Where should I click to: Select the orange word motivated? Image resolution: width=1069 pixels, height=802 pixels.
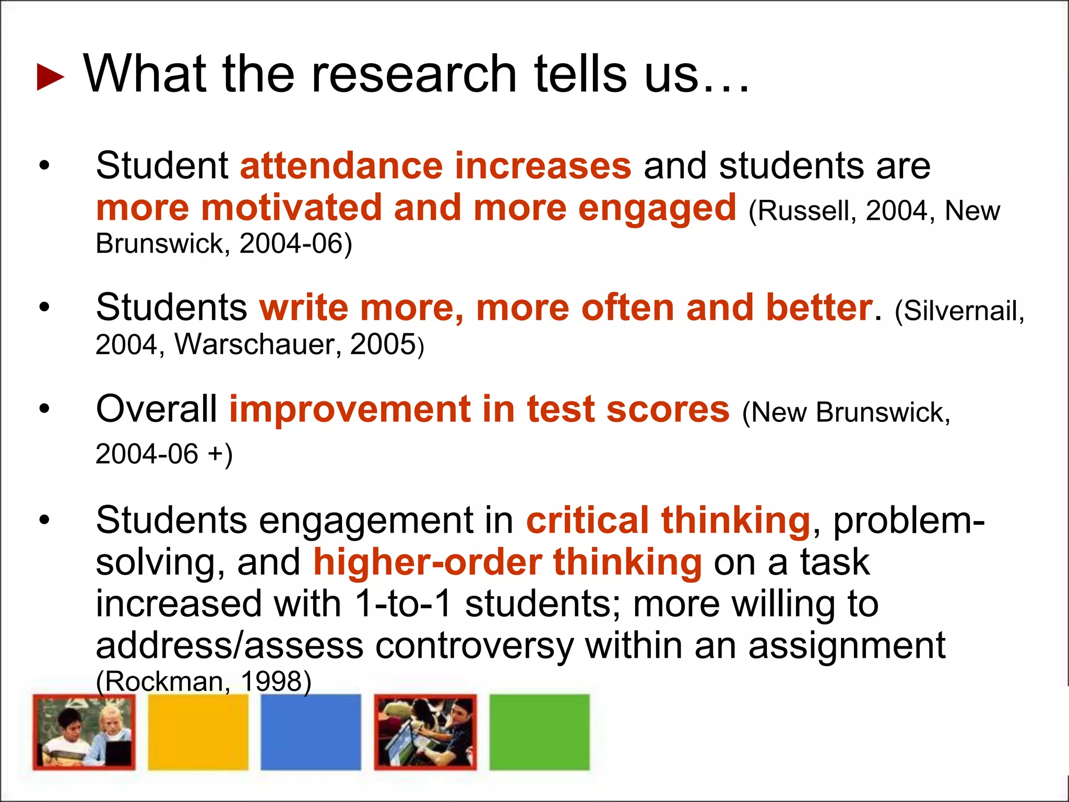pyautogui.click(x=292, y=208)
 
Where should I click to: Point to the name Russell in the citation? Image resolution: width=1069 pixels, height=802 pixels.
pyautogui.click(x=804, y=211)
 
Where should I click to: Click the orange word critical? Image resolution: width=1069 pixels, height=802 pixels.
pyautogui.click(x=587, y=521)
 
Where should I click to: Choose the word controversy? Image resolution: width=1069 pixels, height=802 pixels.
pyautogui.click(x=474, y=646)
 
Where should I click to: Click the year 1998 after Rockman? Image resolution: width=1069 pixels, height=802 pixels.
pyautogui.click(x=271, y=681)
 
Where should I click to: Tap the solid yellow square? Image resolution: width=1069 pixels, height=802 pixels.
pyautogui.click(x=198, y=732)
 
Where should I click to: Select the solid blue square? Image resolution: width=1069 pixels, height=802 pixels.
pyautogui.click(x=311, y=732)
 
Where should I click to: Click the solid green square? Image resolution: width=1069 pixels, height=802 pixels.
pyautogui.click(x=539, y=732)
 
